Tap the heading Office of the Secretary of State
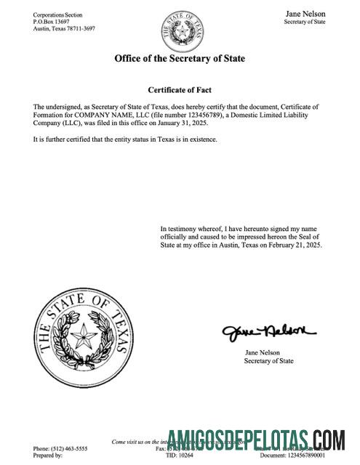tap(180, 58)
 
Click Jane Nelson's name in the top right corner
tap(305, 14)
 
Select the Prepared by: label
tap(49, 456)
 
